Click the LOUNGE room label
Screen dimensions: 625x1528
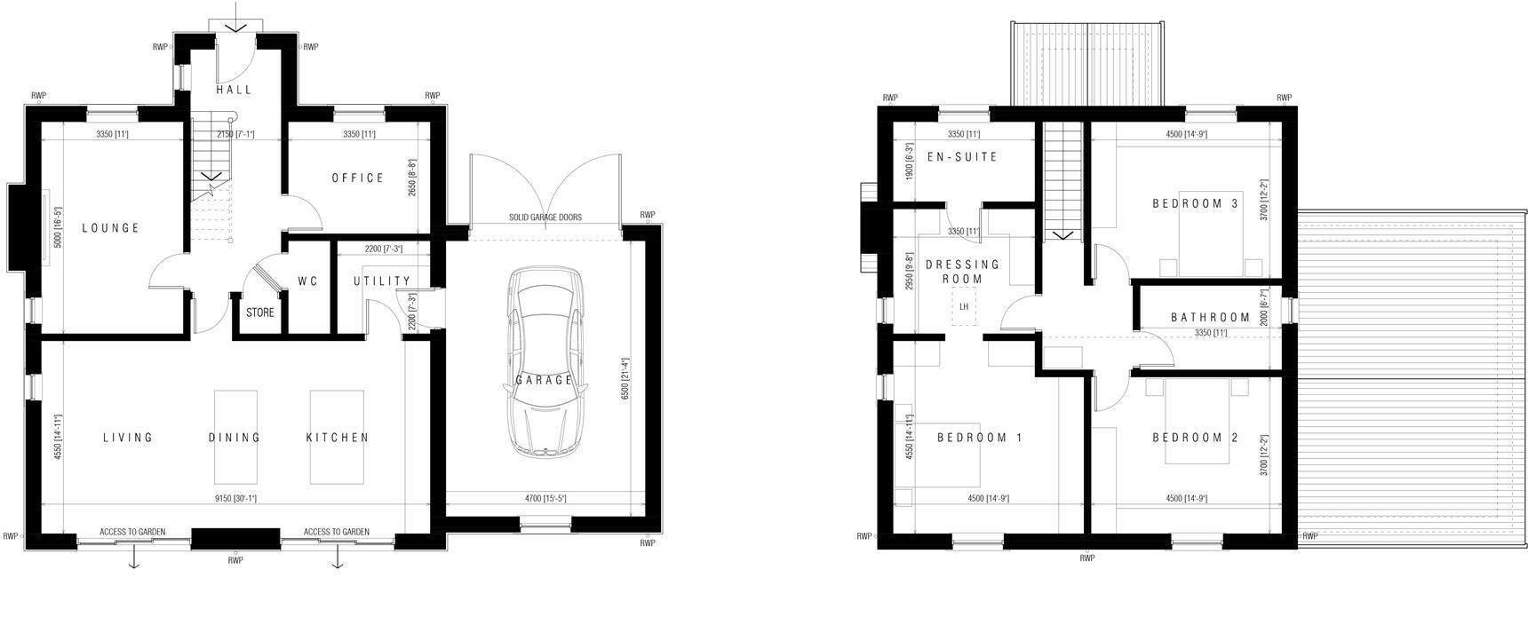point(111,228)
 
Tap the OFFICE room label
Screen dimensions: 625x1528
point(358,178)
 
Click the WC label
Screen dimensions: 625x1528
point(307,281)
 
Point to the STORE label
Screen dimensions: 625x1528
point(260,312)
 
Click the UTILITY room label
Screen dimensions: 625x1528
point(382,281)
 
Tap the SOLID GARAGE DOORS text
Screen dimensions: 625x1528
point(545,218)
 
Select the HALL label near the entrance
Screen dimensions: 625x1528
point(235,90)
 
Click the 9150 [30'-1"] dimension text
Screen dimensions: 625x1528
point(235,499)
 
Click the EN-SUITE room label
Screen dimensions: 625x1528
point(962,157)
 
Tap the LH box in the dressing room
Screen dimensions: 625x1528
point(963,307)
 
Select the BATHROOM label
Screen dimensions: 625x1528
point(1210,317)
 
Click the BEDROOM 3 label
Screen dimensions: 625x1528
point(1195,203)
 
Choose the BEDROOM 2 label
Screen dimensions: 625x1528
point(1195,438)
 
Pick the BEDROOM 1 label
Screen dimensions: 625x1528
point(979,438)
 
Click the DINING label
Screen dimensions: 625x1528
point(235,438)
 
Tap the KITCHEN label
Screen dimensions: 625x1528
point(338,438)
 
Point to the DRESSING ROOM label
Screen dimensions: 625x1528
point(962,272)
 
